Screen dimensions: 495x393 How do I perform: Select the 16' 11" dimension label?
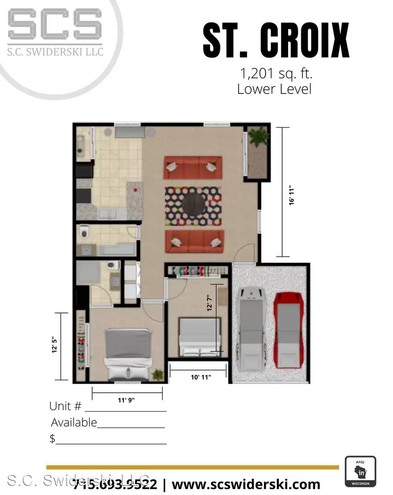coord(292,195)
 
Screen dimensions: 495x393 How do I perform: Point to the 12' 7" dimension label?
coord(210,303)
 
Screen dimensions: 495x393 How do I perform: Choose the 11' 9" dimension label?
coord(127,400)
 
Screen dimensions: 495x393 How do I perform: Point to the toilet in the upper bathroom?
coord(83,233)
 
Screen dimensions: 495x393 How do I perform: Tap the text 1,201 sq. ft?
coord(274,73)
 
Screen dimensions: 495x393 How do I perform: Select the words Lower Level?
coord(274,88)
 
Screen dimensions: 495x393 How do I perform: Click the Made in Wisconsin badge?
coord(360,472)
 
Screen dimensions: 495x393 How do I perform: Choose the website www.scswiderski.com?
coord(246,484)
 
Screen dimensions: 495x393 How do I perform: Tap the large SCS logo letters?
coord(55,27)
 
